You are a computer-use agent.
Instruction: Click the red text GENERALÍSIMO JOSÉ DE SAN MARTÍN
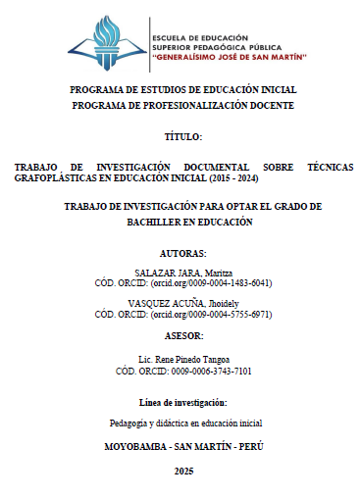click(229, 58)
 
